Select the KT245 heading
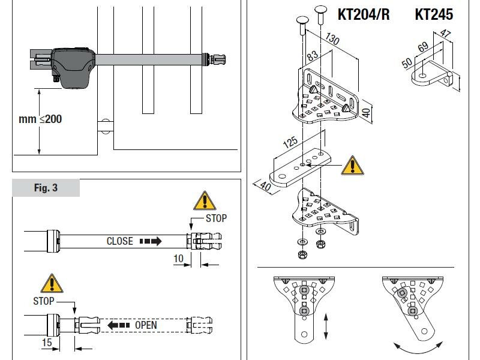[x=434, y=14]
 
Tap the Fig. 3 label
[x=46, y=188]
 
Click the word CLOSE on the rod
[x=119, y=241]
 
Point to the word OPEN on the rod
[x=146, y=325]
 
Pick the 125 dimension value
[x=290, y=145]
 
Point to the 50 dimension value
[x=406, y=62]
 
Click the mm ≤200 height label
[x=40, y=119]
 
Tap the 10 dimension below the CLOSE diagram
[x=179, y=258]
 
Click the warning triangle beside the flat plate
[x=351, y=166]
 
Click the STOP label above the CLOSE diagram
[x=216, y=218]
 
